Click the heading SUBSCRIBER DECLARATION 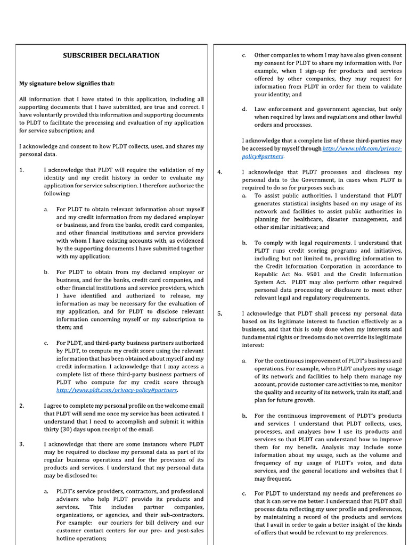(x=111, y=55)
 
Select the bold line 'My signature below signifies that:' (x=67, y=83)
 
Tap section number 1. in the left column (x=21, y=170)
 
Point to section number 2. (x=21, y=406)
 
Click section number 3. (x=21, y=444)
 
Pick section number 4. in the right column (x=220, y=172)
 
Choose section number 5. (x=220, y=313)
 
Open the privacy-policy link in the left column (x=117, y=390)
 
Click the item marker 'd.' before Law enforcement (x=244, y=109)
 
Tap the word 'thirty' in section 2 (x=52, y=430)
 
